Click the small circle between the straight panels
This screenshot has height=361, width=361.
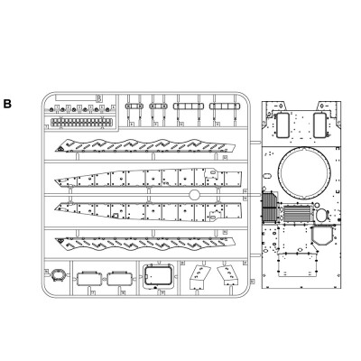point(193,196)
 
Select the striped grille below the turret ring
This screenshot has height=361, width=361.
point(297,217)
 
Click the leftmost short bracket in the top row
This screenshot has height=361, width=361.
point(136,105)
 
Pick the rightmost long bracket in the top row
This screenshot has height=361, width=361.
point(220,105)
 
